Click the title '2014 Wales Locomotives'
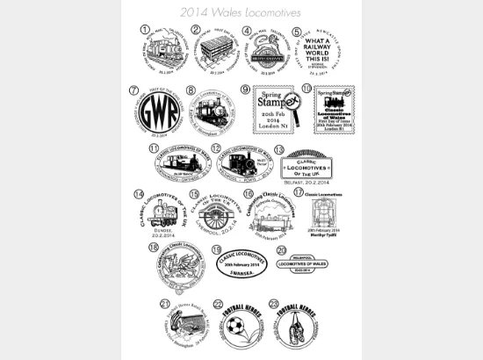click(x=241, y=12)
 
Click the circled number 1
click(x=144, y=28)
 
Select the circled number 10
click(x=306, y=88)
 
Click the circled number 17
click(x=299, y=191)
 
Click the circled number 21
click(x=166, y=305)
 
